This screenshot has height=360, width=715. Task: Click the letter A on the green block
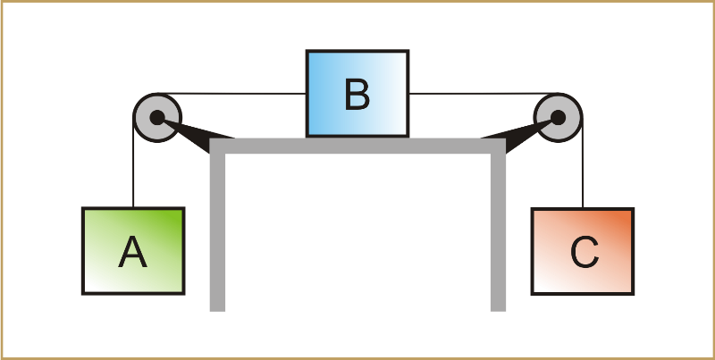tap(132, 254)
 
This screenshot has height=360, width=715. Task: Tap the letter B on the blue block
tap(357, 95)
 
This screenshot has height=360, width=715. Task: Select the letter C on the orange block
tap(584, 254)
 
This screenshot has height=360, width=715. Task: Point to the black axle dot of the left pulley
tap(156, 116)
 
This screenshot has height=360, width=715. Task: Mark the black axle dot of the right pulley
tap(557, 116)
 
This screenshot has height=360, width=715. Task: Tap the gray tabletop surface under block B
tap(357, 146)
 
